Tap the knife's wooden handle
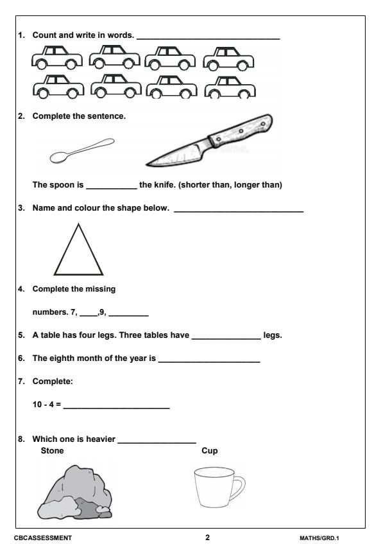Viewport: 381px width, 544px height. (x=241, y=130)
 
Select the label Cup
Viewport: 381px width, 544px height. (x=210, y=451)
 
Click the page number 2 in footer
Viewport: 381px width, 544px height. (x=207, y=537)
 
